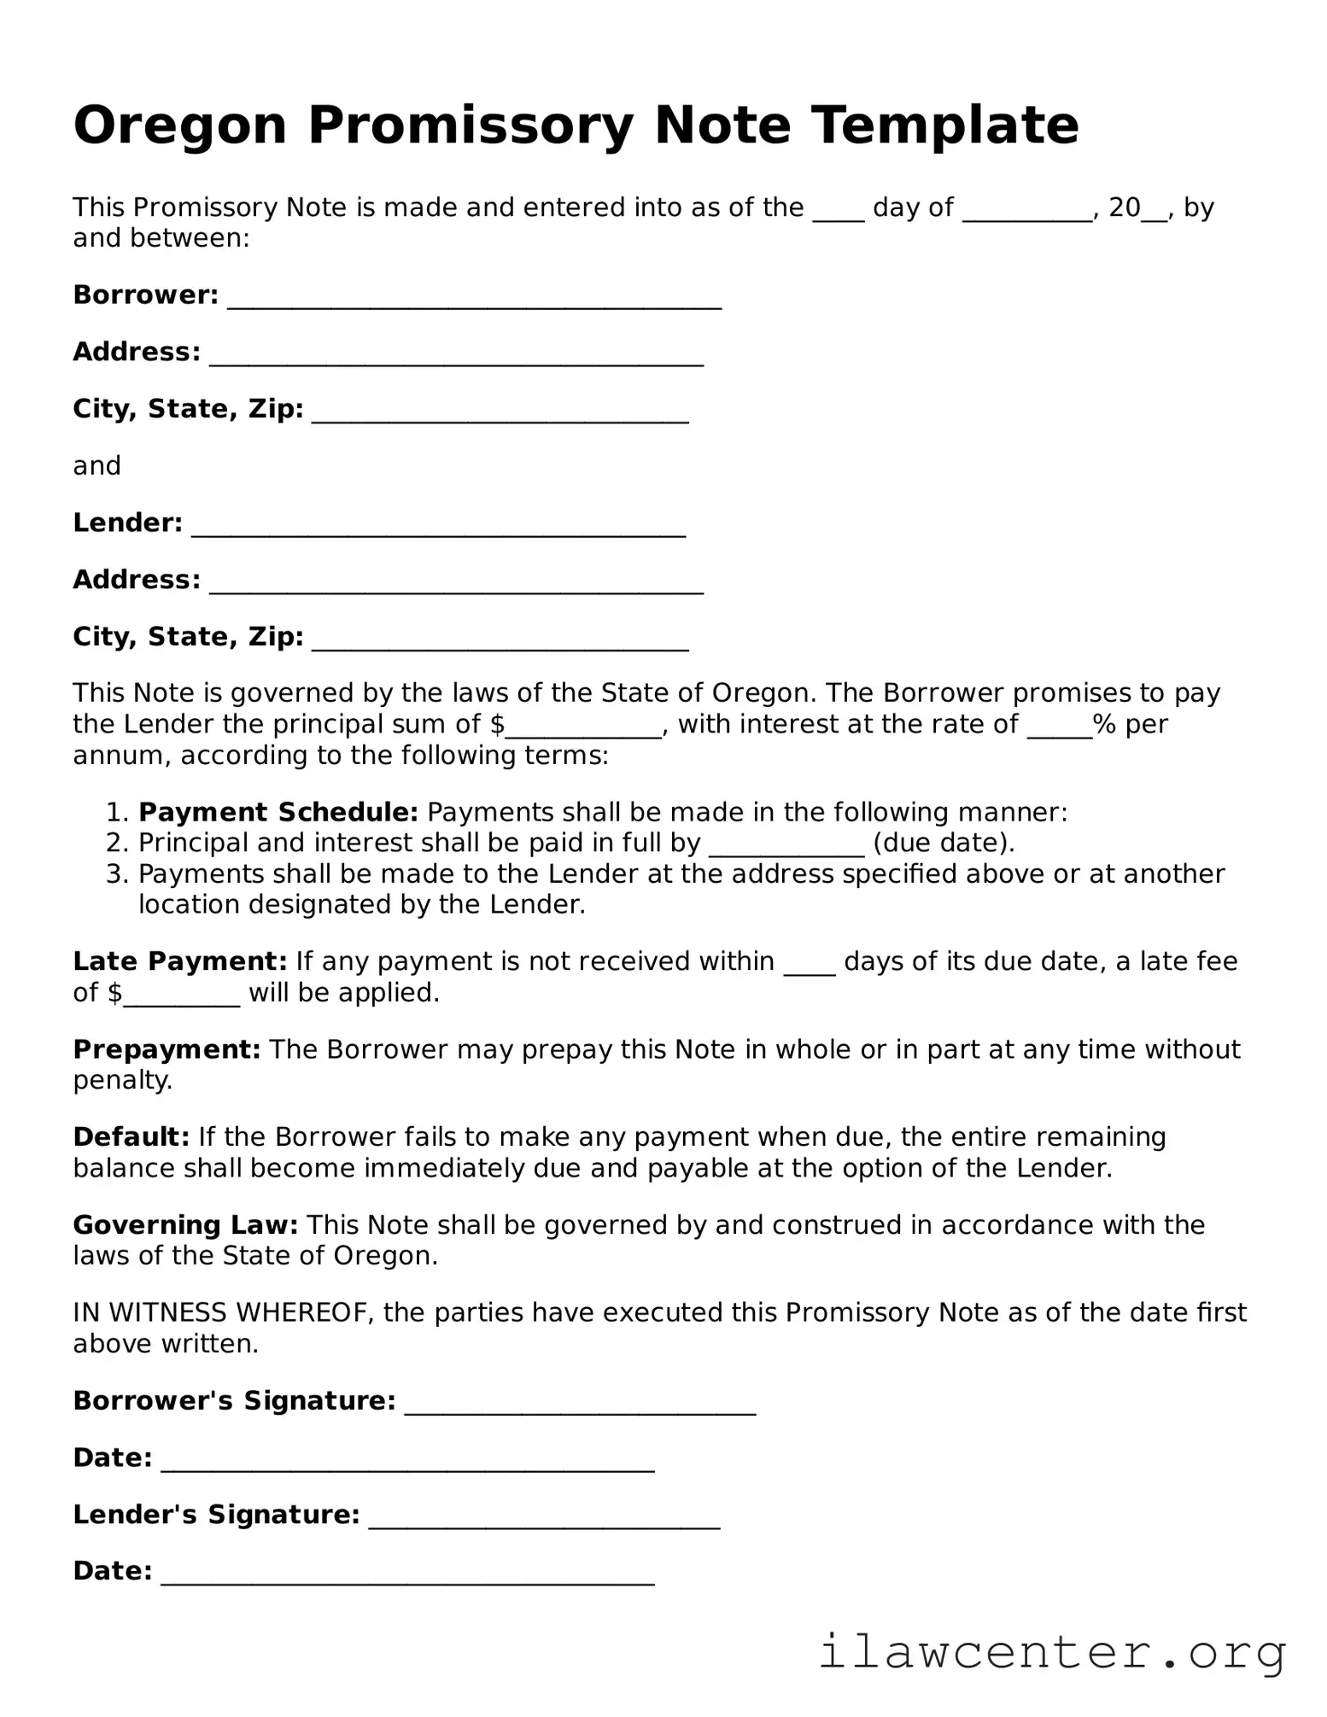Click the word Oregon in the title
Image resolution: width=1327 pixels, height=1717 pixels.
(x=179, y=126)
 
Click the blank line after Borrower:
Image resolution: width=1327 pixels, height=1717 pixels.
(x=474, y=301)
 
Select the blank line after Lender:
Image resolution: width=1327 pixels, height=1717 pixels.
(x=438, y=529)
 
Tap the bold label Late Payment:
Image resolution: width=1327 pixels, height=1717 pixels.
(x=179, y=961)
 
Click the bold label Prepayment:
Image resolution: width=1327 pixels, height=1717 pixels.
(x=167, y=1049)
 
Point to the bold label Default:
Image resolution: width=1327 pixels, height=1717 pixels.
(x=131, y=1137)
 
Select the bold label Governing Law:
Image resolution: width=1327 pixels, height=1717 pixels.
(x=185, y=1225)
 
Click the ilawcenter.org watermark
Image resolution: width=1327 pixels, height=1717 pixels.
(x=1052, y=1652)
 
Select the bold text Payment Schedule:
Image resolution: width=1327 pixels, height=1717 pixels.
(x=278, y=812)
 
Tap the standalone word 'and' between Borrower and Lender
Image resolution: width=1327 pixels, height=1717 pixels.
(x=96, y=466)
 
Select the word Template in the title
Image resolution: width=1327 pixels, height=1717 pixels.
(x=944, y=126)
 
